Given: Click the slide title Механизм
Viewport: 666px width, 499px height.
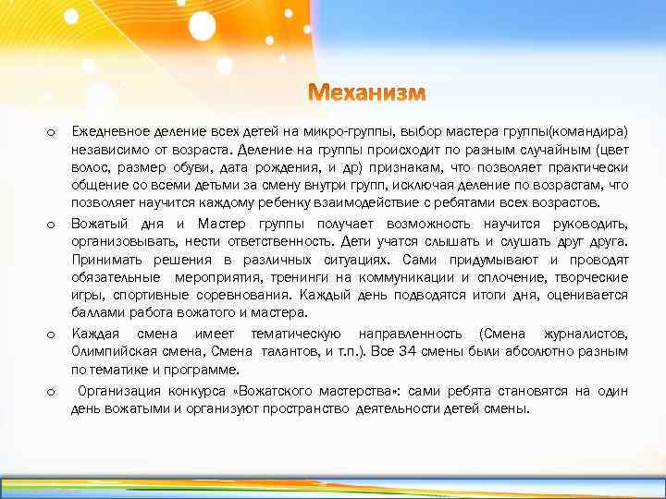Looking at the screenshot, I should [x=367, y=94].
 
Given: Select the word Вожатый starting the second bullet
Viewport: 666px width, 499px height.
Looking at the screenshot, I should [x=98, y=223].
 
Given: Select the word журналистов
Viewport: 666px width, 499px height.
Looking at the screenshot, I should [x=589, y=333].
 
